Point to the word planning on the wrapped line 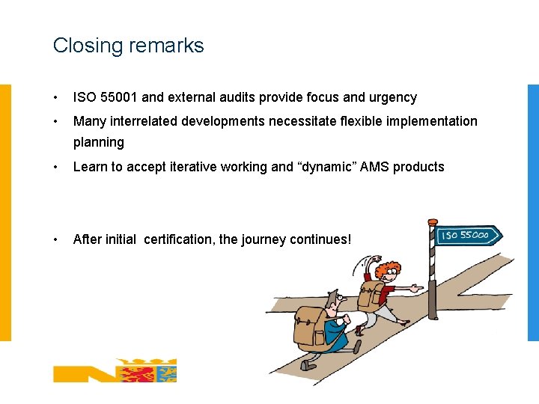pyautogui.click(x=98, y=142)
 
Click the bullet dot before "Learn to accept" pyautogui.click(x=56, y=167)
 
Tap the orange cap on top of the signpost pyautogui.click(x=432, y=222)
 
